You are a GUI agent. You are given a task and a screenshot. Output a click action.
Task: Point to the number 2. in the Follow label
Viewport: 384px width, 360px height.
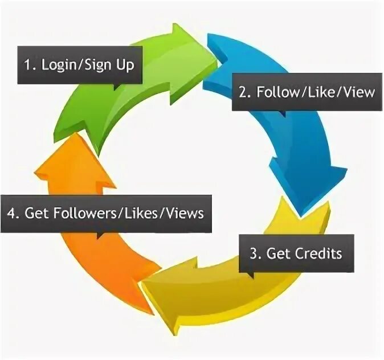[x=244, y=91]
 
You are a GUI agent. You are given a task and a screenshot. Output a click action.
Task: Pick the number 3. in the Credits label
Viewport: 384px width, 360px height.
[x=255, y=252]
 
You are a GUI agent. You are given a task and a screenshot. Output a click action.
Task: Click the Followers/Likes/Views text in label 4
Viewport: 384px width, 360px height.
[x=128, y=214]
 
